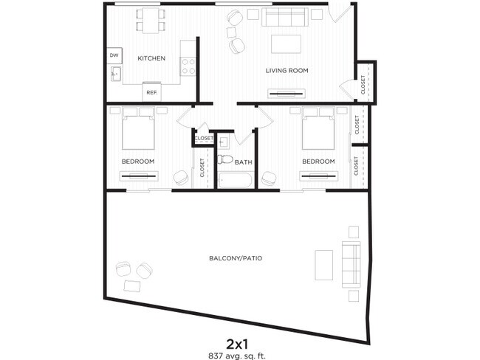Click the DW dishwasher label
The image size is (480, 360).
[114, 55]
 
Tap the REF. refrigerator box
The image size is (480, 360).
[152, 92]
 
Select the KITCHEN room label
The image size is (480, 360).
[151, 58]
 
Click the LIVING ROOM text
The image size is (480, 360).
[287, 71]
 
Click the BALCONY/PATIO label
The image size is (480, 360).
[236, 259]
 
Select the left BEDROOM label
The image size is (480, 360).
[137, 161]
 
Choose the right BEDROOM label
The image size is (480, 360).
[318, 161]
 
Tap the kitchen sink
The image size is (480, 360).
[115, 74]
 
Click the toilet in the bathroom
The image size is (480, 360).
[226, 159]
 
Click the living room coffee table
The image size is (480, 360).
[287, 44]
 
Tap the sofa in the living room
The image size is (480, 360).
[286, 18]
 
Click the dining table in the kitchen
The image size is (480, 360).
[150, 20]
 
